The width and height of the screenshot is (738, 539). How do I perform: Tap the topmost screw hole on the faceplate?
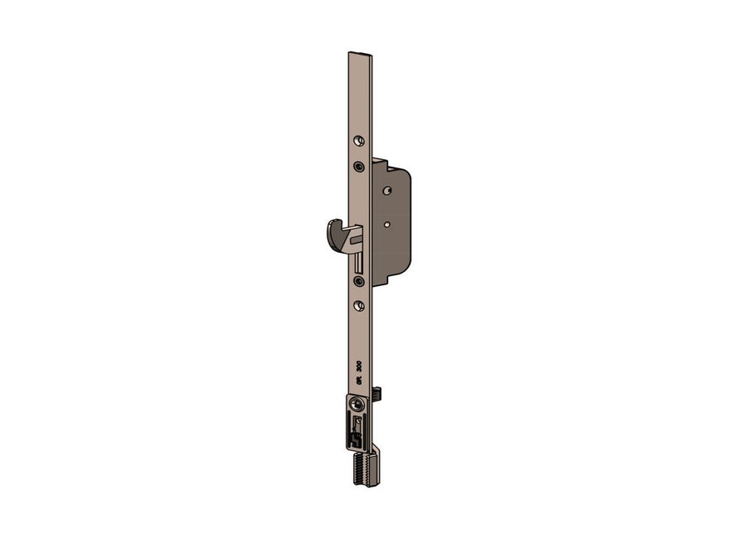359,139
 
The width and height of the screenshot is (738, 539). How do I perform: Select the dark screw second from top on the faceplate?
358,166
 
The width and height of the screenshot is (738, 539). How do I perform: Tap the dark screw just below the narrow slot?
358,282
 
